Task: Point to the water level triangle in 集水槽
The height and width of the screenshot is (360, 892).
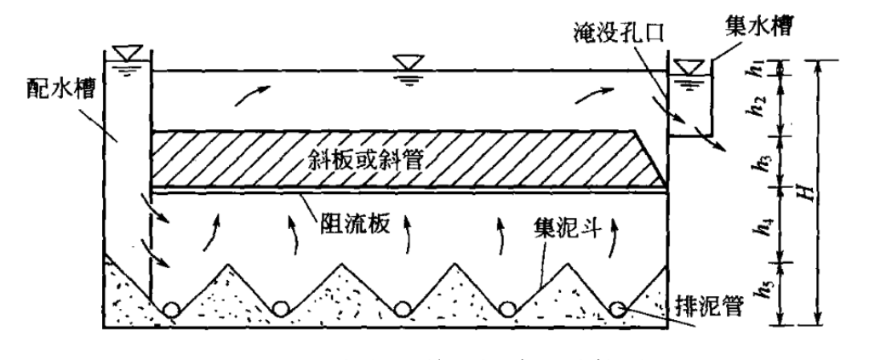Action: [685, 66]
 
